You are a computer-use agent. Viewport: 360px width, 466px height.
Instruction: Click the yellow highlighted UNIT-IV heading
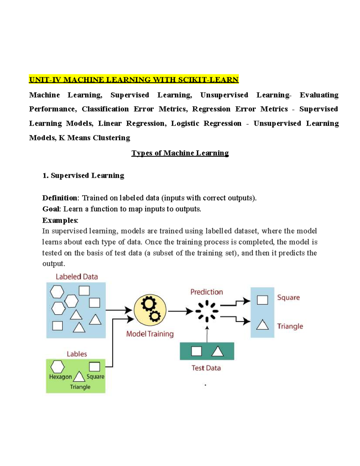[x=134, y=80]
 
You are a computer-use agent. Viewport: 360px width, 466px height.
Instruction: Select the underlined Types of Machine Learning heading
[x=180, y=153]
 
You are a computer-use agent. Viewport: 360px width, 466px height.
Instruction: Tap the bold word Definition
[x=60, y=198]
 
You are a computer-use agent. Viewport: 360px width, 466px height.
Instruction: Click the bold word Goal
[x=51, y=209]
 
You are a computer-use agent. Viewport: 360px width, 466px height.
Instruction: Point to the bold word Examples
[x=60, y=220]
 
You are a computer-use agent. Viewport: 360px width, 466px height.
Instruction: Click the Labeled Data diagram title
[x=77, y=277]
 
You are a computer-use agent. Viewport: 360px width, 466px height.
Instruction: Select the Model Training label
[x=150, y=334]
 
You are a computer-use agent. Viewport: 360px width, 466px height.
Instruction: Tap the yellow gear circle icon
[x=150, y=310]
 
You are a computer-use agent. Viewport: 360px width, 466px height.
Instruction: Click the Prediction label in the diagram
[x=207, y=292]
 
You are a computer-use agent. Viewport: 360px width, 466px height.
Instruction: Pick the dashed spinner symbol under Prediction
[x=207, y=311]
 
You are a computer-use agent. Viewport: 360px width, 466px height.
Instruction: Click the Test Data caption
[x=206, y=368]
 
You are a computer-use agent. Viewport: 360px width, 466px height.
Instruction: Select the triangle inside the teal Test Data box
[x=217, y=351]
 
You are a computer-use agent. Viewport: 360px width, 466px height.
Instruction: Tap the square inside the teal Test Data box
[x=196, y=351]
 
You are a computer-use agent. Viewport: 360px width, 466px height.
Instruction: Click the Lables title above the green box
[x=77, y=354]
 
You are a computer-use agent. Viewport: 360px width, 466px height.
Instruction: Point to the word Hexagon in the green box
[x=60, y=377]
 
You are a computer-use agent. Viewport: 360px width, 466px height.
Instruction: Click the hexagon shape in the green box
[x=57, y=367]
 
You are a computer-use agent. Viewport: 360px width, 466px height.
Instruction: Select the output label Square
[x=288, y=298]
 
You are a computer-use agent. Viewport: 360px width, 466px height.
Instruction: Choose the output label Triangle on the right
[x=290, y=326]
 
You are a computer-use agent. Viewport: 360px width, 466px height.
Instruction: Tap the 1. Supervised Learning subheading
[x=83, y=176]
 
